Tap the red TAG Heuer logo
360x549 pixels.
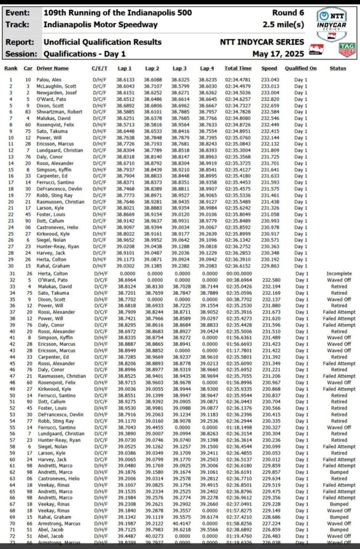[x=347, y=49]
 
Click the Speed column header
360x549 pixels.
[x=269, y=68]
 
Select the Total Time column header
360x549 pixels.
[x=238, y=68]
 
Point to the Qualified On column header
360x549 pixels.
[x=301, y=68]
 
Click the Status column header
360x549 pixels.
[x=338, y=68]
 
